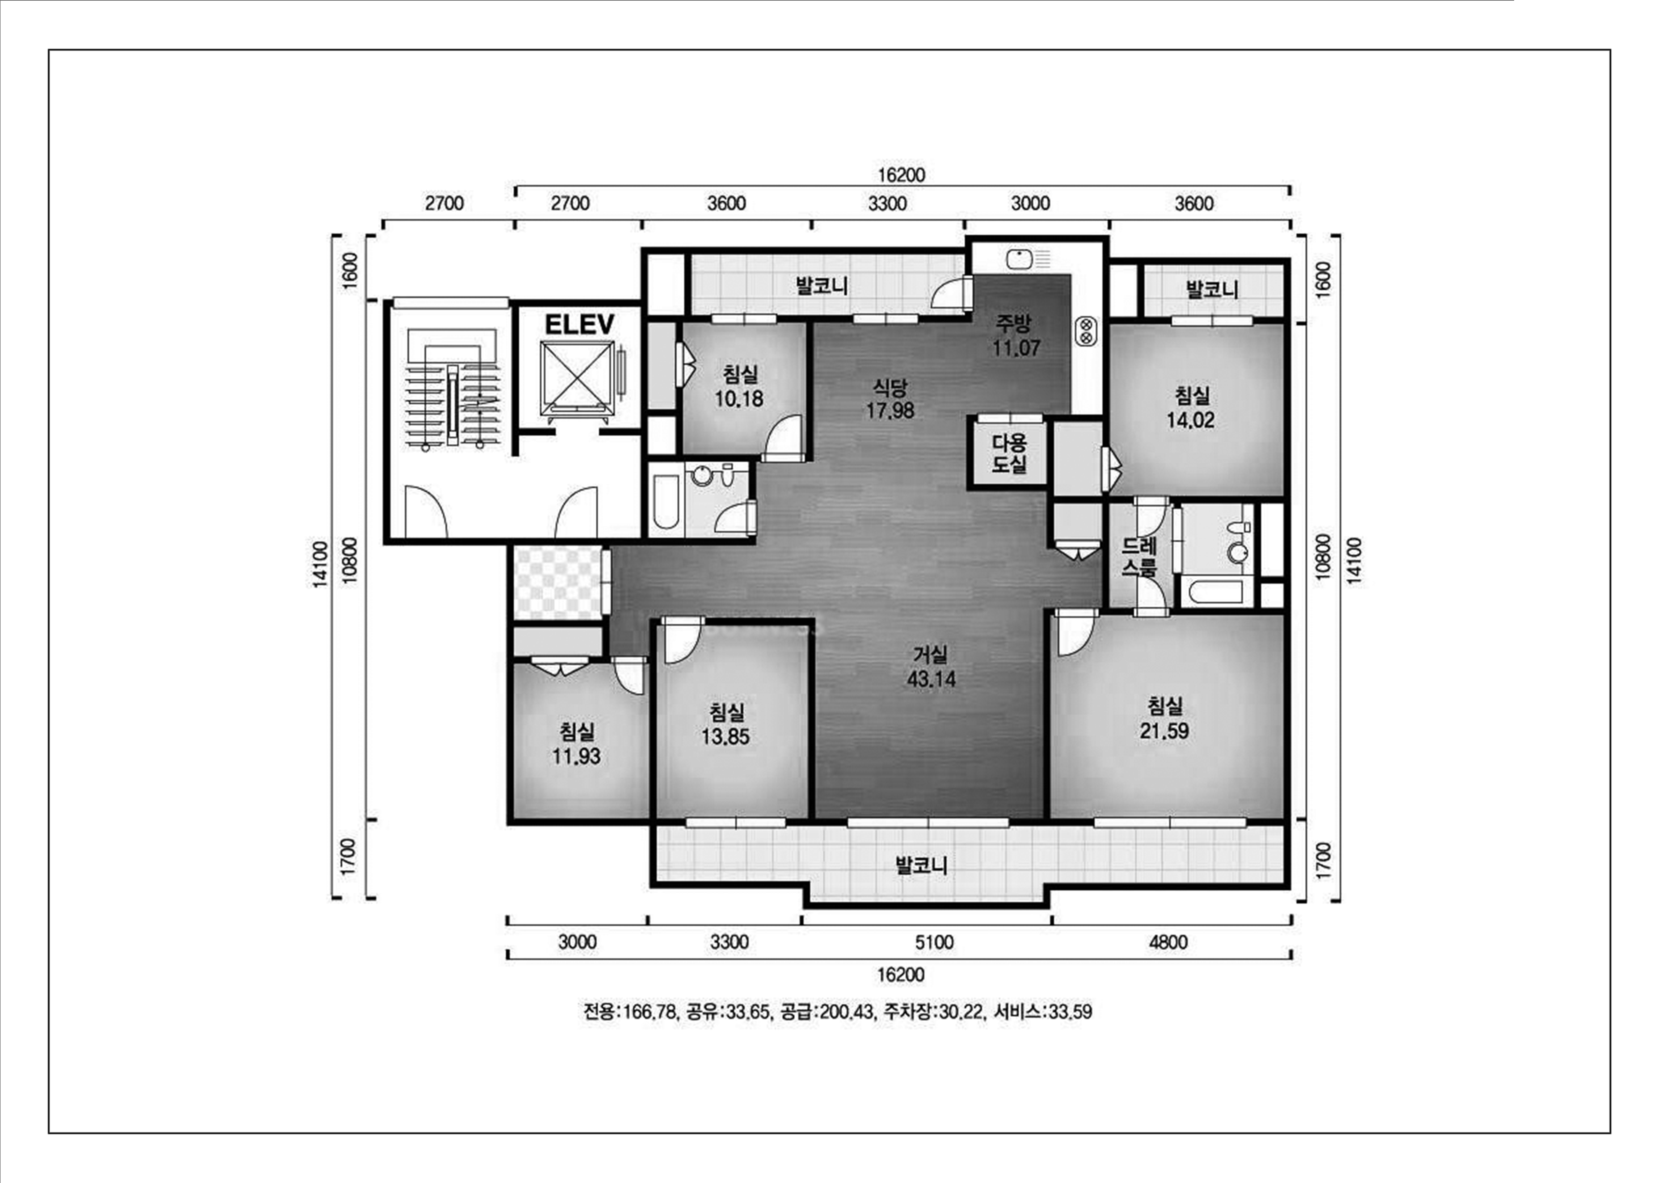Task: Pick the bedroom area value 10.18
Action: pyautogui.click(x=739, y=399)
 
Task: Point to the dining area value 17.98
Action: pyautogui.click(x=889, y=410)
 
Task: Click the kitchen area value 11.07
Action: pyautogui.click(x=1016, y=348)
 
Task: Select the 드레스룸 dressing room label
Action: pyautogui.click(x=1139, y=557)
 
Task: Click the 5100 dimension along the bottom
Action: pyautogui.click(x=934, y=943)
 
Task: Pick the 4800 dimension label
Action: pyautogui.click(x=1168, y=943)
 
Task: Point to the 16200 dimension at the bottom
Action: pyautogui.click(x=901, y=975)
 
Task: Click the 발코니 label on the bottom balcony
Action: pyautogui.click(x=921, y=865)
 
